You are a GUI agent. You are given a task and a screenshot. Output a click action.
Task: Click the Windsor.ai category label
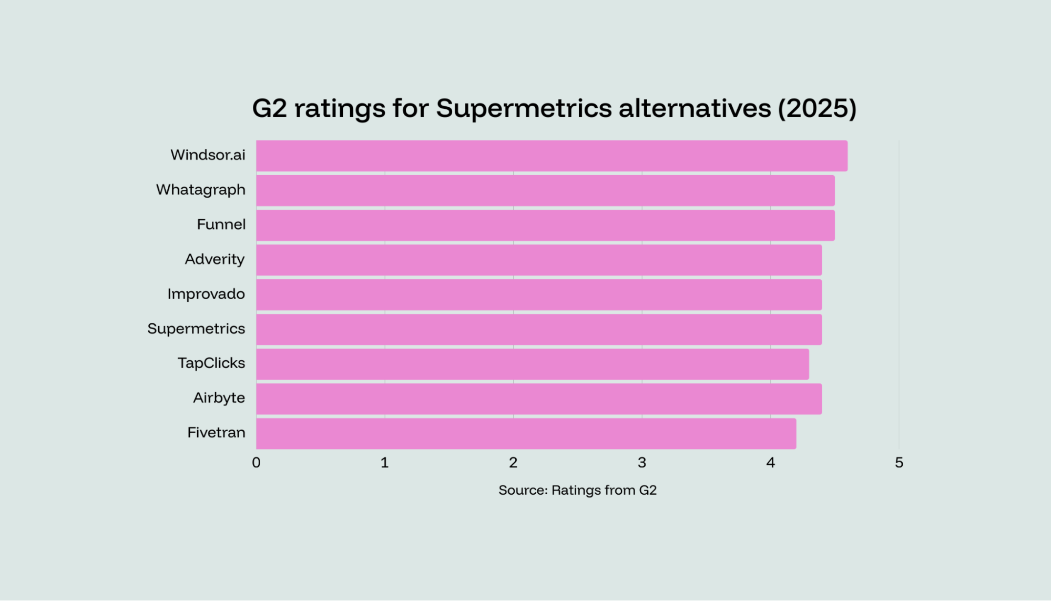[x=208, y=155]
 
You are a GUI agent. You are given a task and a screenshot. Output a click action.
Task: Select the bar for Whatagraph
[x=545, y=190]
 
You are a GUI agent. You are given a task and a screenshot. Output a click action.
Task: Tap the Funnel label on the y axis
[x=221, y=225]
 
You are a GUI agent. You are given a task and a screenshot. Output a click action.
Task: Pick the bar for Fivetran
[x=526, y=433]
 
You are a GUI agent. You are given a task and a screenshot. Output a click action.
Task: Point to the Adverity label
[x=215, y=259]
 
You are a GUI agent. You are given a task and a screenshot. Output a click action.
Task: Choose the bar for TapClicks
[x=532, y=364]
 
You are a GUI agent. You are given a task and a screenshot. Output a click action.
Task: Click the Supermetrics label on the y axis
[x=196, y=329]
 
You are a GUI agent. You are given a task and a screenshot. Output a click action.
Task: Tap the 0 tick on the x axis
[x=256, y=463]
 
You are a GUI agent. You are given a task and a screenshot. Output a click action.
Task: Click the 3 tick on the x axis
[x=642, y=463]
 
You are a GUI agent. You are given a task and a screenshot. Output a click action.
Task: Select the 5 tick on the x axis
[x=899, y=463]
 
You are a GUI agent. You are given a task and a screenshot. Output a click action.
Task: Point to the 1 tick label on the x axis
[x=385, y=463]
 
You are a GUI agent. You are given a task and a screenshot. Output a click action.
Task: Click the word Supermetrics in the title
[x=524, y=108]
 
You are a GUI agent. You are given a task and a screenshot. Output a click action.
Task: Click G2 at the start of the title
[x=269, y=108]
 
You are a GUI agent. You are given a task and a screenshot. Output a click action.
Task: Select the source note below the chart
[x=577, y=490]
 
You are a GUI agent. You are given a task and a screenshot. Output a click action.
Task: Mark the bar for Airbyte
[x=539, y=399]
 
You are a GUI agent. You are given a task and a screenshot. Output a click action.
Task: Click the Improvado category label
[x=206, y=294]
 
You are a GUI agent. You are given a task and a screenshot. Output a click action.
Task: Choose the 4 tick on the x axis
[x=770, y=463]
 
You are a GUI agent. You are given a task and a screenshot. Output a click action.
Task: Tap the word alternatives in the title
[x=695, y=108]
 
